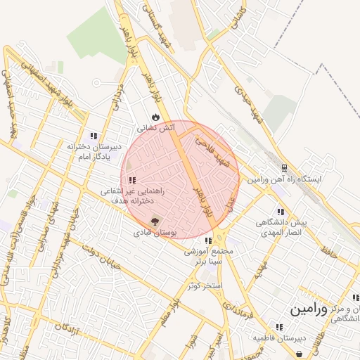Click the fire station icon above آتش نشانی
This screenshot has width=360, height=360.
pos(155,117)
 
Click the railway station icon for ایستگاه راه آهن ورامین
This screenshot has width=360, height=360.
pos(284,168)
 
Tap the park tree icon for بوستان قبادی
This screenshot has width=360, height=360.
pos(155,221)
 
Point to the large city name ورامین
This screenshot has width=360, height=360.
pos(308,309)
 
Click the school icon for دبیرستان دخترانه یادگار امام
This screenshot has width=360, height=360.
pos(94,136)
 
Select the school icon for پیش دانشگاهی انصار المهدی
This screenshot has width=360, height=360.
pos(281,211)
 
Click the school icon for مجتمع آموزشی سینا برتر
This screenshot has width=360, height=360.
pos(207,241)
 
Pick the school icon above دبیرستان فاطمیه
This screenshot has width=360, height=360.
pos(279,327)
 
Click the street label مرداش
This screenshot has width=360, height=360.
pos(117,98)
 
